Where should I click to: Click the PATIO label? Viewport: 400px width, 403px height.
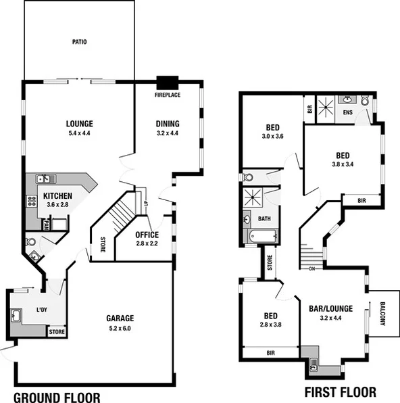(x=80, y=42)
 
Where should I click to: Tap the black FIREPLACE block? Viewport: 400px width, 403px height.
(x=166, y=83)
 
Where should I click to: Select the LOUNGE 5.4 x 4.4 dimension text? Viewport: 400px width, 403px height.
(x=79, y=134)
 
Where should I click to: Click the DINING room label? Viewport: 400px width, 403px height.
(x=168, y=124)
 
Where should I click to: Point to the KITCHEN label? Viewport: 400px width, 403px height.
(x=57, y=195)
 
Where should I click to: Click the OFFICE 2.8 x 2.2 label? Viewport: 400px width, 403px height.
(x=147, y=235)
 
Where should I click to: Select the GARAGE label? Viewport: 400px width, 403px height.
(x=120, y=318)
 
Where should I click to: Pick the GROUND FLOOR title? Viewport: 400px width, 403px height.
(x=57, y=397)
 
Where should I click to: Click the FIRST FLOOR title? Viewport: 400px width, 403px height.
(x=341, y=392)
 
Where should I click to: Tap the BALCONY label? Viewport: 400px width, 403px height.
(x=382, y=313)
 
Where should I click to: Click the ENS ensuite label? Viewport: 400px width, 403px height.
(x=348, y=112)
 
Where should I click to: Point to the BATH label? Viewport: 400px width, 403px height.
(x=264, y=218)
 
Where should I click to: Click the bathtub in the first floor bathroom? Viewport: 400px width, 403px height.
(x=262, y=237)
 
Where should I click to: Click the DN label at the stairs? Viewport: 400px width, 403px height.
(x=312, y=268)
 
